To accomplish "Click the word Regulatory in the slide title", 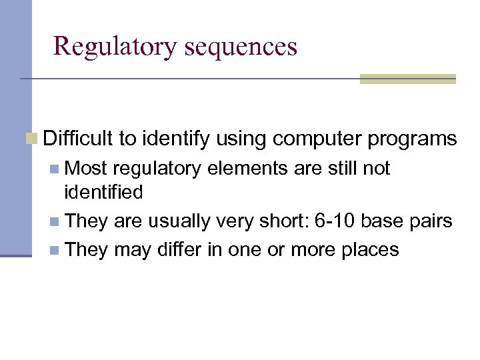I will click(x=114, y=46).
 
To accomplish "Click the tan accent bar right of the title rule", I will click(x=407, y=79).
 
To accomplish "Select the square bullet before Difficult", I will click(x=31, y=139).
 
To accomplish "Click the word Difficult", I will click(x=78, y=139).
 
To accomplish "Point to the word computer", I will click(x=313, y=139).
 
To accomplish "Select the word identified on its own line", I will click(x=103, y=193).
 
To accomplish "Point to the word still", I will click(x=345, y=169).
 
